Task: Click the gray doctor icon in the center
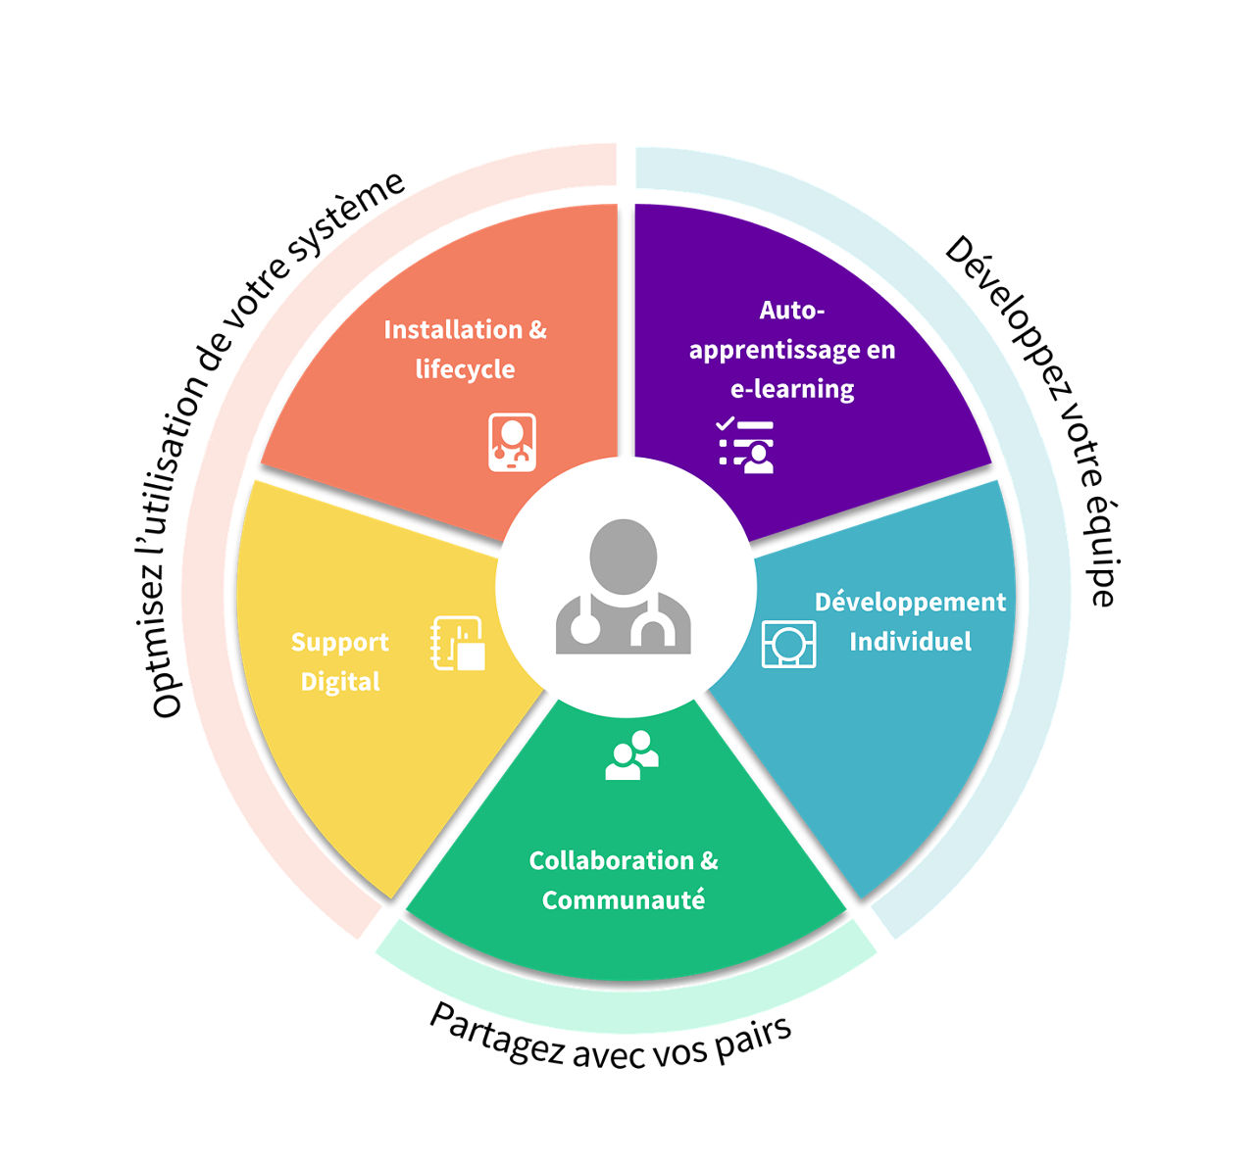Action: [623, 586]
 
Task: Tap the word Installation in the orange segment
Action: [452, 329]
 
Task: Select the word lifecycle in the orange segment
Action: [465, 369]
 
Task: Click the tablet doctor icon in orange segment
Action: [512, 442]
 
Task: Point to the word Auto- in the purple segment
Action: [792, 310]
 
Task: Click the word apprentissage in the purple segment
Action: [773, 351]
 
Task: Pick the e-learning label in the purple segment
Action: [792, 389]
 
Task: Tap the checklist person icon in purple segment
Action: [745, 445]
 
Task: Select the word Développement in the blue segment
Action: [910, 602]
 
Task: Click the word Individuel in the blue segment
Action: [910, 642]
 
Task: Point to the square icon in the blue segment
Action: [788, 644]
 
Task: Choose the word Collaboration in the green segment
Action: [611, 861]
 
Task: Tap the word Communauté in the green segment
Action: [623, 900]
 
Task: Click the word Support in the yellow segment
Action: [340, 643]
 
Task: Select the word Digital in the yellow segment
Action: [340, 682]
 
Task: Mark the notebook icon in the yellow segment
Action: [458, 643]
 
